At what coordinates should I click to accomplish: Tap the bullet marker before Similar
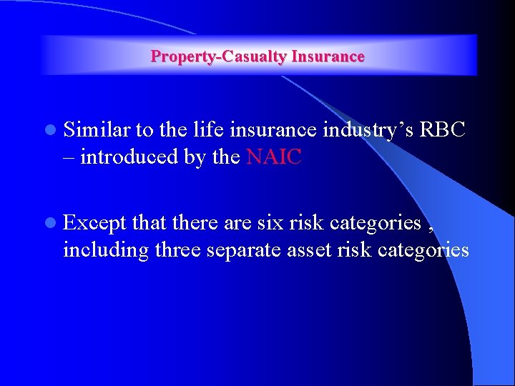point(49,131)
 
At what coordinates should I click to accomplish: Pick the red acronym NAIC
point(274,157)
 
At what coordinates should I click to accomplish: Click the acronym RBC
point(442,129)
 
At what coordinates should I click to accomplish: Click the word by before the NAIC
point(194,157)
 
